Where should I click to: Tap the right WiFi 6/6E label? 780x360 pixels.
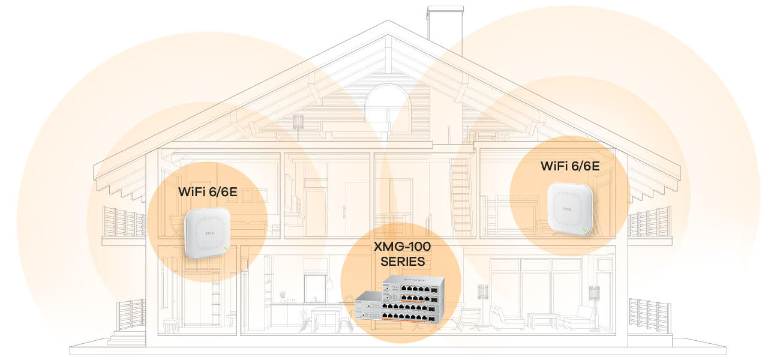click(x=569, y=166)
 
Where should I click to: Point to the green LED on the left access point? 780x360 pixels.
click(x=224, y=248)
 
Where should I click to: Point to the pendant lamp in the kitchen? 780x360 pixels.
click(x=329, y=283)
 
